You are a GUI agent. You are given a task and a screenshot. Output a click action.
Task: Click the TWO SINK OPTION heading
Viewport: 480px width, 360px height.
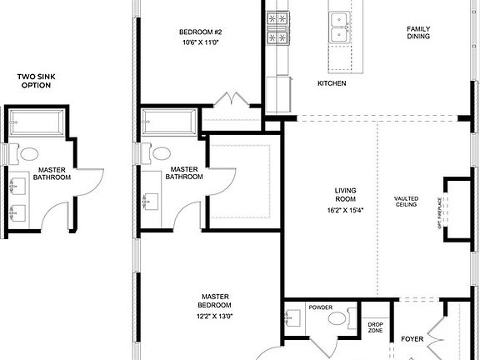click(x=38, y=81)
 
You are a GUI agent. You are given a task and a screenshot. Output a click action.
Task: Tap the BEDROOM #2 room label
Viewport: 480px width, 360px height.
click(x=201, y=32)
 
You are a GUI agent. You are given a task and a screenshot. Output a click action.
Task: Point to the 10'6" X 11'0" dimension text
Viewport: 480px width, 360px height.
click(x=201, y=42)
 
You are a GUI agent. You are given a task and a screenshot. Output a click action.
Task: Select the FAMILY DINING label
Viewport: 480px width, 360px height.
click(x=418, y=32)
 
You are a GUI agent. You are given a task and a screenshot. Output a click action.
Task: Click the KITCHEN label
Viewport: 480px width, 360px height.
click(x=332, y=84)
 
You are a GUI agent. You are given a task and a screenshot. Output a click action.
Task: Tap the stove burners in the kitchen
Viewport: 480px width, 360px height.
click(x=277, y=27)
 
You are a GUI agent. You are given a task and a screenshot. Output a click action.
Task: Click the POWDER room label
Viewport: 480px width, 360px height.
click(x=321, y=307)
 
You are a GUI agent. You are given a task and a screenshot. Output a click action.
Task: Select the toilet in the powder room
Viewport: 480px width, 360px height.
click(x=337, y=318)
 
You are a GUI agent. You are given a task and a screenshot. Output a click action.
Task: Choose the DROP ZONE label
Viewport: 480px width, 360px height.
click(x=376, y=327)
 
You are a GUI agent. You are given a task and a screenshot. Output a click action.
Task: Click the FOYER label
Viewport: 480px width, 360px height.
click(x=412, y=339)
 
